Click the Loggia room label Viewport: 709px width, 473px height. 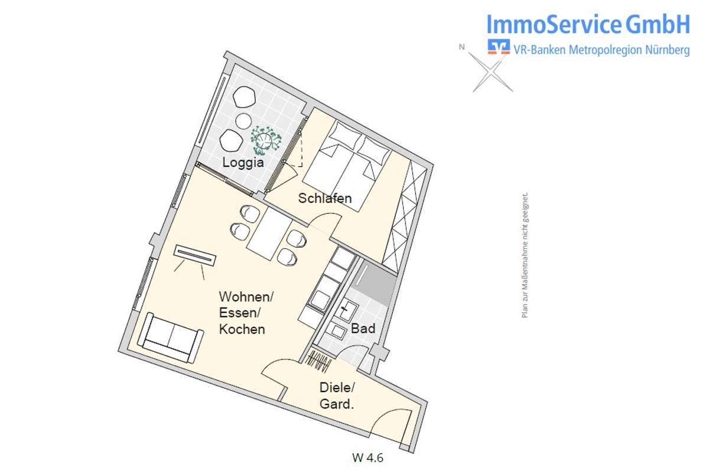(243, 163)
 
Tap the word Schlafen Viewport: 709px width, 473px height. (325, 198)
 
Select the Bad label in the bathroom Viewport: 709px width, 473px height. (363, 329)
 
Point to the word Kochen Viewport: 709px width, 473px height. (242, 329)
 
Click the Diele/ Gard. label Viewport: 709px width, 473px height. (337, 396)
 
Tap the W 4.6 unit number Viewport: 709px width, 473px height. (367, 458)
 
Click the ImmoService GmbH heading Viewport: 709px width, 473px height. (588, 24)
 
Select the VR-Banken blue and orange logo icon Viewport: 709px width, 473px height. (499, 47)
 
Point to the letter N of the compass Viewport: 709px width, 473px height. (462, 47)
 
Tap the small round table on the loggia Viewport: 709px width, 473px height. (243, 121)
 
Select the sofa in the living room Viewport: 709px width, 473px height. (171, 338)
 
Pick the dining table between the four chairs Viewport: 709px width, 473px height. (269, 234)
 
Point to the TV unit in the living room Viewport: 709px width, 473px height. (195, 255)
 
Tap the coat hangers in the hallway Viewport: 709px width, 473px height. (319, 361)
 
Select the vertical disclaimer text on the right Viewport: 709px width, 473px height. (525, 255)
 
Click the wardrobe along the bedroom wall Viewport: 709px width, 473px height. (405, 216)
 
